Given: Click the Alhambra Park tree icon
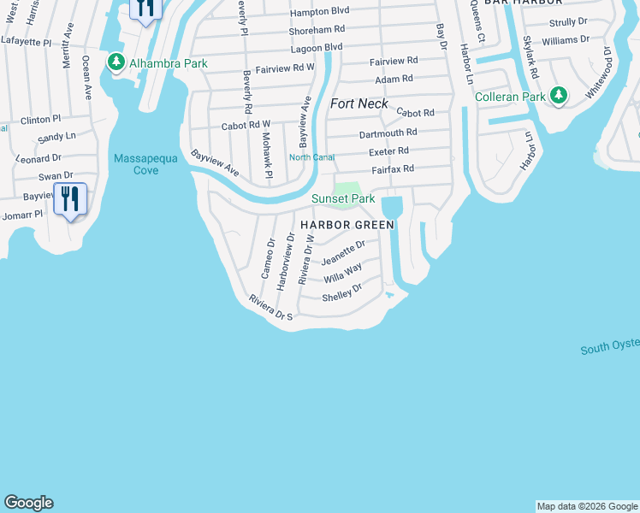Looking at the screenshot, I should [x=116, y=62].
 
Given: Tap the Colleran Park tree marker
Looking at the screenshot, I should [x=559, y=95].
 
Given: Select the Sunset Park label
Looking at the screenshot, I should [x=343, y=199].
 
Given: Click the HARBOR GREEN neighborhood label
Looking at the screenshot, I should [x=347, y=225].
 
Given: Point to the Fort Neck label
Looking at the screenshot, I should [x=359, y=103].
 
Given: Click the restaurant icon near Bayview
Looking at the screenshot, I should [x=70, y=200].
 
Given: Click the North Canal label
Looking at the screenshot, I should [x=311, y=157].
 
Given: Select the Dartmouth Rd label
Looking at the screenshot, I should [x=388, y=133].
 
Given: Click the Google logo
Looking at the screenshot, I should [x=29, y=503].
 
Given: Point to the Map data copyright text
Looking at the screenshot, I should [x=586, y=506].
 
